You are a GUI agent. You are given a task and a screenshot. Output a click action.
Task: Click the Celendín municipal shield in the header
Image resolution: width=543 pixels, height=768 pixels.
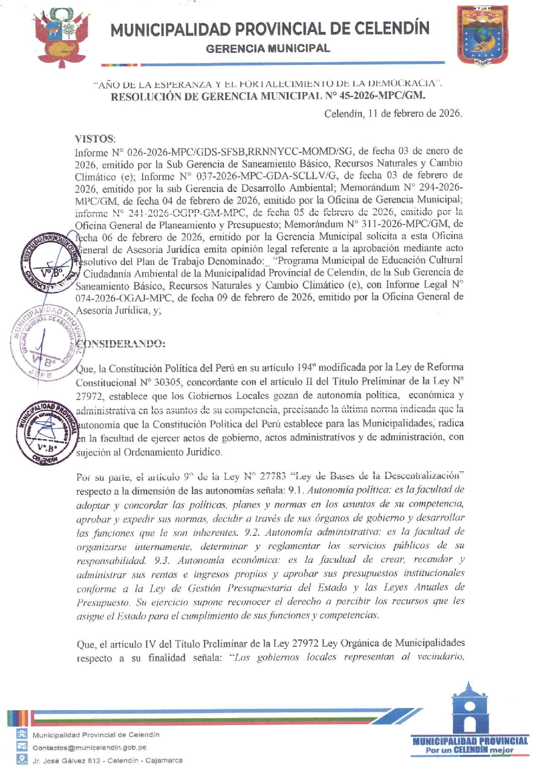pos(483,36)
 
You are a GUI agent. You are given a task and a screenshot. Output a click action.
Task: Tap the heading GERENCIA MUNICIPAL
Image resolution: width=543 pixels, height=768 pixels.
pos(268,48)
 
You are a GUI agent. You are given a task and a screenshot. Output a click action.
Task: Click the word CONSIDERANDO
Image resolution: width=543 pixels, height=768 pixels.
pos(121,344)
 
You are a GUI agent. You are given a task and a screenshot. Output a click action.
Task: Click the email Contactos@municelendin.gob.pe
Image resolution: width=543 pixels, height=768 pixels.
pos(89,747)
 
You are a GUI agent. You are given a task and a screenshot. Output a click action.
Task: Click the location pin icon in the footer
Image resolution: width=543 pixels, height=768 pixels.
pos(21,759)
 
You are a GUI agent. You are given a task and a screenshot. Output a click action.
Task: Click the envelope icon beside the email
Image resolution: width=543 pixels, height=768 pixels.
pos(21,747)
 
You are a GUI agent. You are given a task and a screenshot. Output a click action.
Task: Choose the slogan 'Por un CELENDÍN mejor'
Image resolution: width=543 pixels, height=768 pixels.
pos(470,750)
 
